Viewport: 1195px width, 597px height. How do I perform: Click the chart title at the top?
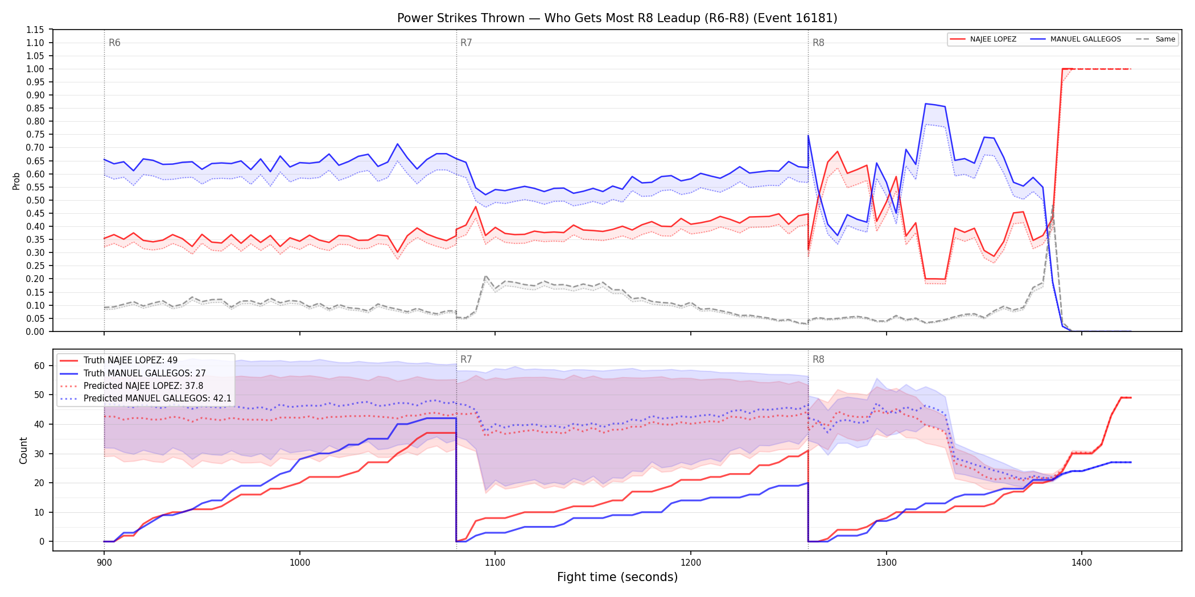[x=617, y=18]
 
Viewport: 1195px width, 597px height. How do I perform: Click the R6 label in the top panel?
[x=114, y=43]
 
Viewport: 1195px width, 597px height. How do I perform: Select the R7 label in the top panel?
[x=466, y=43]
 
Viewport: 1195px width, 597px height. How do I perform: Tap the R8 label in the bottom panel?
[x=818, y=359]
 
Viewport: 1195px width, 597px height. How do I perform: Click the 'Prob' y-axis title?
[x=17, y=181]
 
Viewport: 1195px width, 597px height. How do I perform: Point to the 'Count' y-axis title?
[x=23, y=450]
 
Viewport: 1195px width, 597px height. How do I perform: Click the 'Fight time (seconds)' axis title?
[x=617, y=577]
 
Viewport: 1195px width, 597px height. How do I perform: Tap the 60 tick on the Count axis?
[x=39, y=366]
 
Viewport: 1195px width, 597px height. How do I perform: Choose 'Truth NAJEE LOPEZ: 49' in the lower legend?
[x=130, y=360]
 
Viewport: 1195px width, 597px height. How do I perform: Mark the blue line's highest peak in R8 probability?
[x=926, y=103]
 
